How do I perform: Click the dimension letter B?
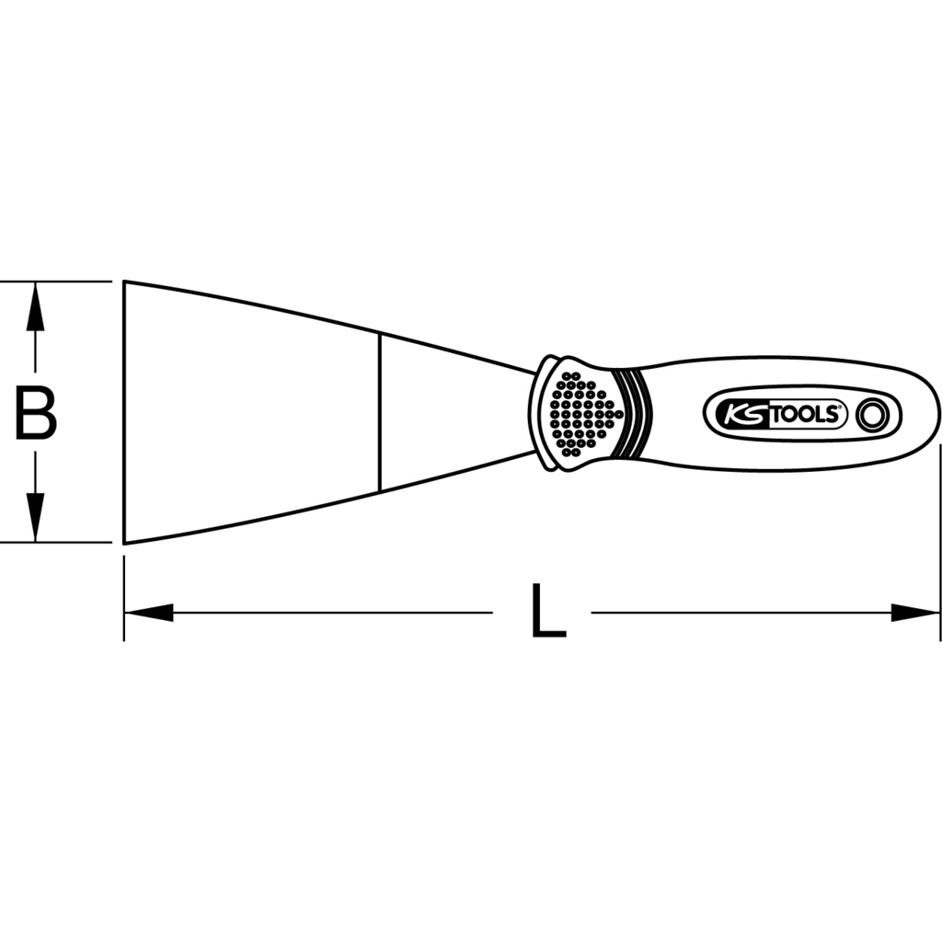[x=36, y=414]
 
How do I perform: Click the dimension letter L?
[x=548, y=612]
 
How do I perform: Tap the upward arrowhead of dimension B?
[x=36, y=306]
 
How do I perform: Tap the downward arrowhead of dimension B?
[x=36, y=517]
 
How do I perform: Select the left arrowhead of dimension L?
[x=148, y=613]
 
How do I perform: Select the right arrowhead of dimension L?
[x=915, y=613]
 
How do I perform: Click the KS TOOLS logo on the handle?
[x=801, y=414]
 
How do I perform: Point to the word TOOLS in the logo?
[x=805, y=415]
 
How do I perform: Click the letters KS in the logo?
[x=744, y=415]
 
